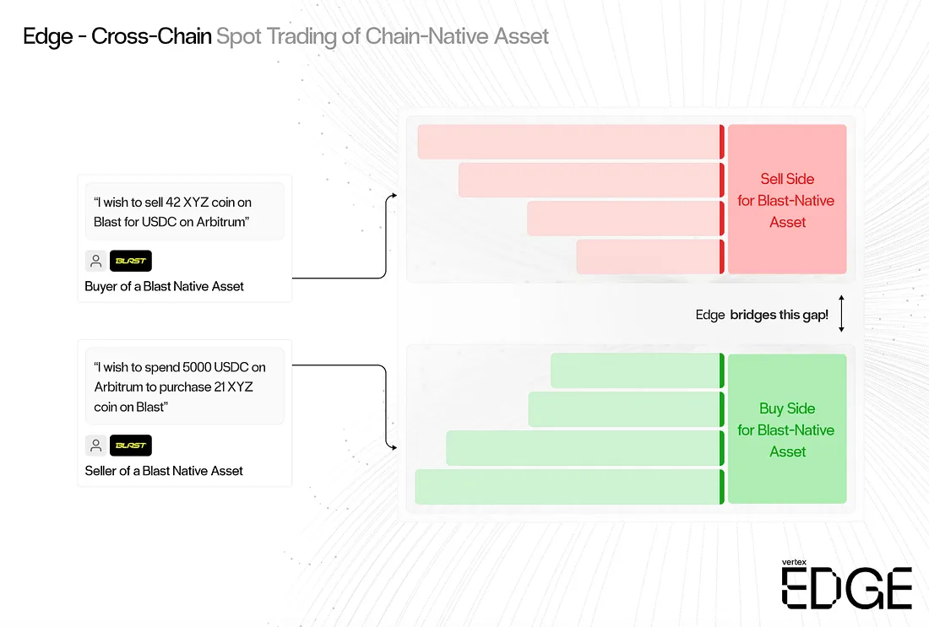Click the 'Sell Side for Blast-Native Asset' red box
pos(787,199)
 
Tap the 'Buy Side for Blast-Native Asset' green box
pos(787,429)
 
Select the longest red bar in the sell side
pos(571,142)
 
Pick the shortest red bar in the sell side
pos(650,257)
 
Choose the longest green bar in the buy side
pos(569,487)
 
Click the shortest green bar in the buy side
pos(638,370)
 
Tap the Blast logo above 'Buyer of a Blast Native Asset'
pos(131,261)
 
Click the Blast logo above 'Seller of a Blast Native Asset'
pos(131,446)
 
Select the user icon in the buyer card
pos(96,261)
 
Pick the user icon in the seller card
pos(96,446)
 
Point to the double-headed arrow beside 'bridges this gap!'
pos(841,314)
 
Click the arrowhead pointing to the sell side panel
pos(394,195)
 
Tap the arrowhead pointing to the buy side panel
pos(394,447)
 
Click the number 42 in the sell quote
pos(173,203)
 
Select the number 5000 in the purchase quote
pos(197,367)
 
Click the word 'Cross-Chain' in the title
pos(151,36)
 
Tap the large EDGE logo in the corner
pos(846,588)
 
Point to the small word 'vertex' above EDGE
pos(794,562)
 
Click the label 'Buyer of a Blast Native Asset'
pos(164,287)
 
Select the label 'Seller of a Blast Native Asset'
pos(164,471)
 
